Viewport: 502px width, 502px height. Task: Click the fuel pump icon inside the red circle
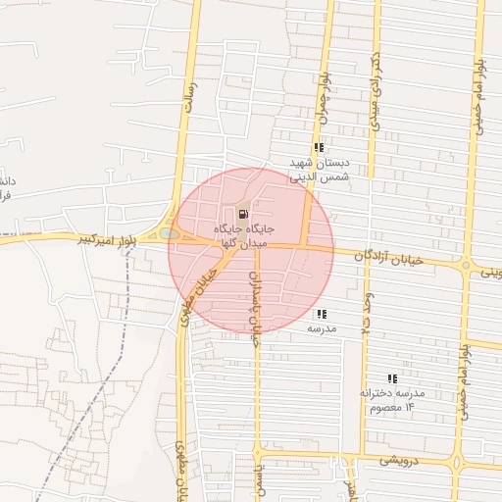(x=242, y=214)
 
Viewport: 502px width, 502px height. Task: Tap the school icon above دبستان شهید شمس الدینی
(x=319, y=148)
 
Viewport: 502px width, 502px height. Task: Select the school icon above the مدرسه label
(x=322, y=314)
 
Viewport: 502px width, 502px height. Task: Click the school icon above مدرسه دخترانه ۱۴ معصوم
(x=392, y=377)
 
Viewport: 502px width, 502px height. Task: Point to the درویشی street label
(x=402, y=457)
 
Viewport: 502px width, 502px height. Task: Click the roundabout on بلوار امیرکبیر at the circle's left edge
(x=171, y=233)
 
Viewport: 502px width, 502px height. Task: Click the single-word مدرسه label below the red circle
(x=323, y=328)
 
